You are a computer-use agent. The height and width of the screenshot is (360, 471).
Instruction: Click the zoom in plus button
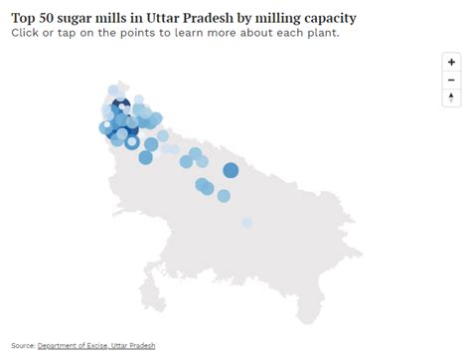click(x=452, y=62)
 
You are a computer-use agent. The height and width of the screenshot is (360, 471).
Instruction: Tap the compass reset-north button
click(x=452, y=97)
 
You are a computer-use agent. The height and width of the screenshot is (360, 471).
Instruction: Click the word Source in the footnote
click(x=23, y=345)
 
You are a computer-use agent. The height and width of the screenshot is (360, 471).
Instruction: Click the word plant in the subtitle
click(x=319, y=33)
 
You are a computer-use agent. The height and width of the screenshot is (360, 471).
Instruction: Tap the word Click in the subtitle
click(x=29, y=33)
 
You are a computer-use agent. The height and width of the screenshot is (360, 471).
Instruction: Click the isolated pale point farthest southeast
click(x=246, y=222)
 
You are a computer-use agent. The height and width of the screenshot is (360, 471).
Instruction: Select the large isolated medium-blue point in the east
click(x=231, y=171)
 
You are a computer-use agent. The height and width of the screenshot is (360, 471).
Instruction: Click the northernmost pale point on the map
click(x=114, y=91)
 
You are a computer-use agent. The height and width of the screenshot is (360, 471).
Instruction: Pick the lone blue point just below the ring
click(x=145, y=157)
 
